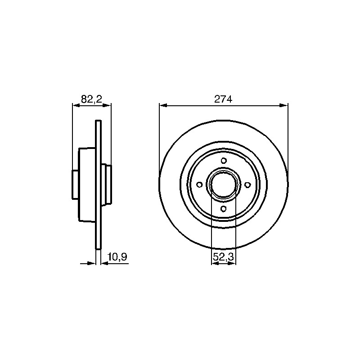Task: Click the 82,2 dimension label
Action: pyautogui.click(x=91, y=99)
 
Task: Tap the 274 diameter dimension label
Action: pyautogui.click(x=223, y=99)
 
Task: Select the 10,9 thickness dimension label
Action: pyautogui.click(x=117, y=257)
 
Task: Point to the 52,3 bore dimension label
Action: pyautogui.click(x=223, y=257)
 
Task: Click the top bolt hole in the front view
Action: pyautogui.click(x=224, y=161)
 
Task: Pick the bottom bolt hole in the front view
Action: pyautogui.click(x=223, y=209)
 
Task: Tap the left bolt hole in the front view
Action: pyautogui.click(x=199, y=184)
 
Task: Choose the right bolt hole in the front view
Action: pyautogui.click(x=248, y=184)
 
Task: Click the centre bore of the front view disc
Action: pyautogui.click(x=223, y=184)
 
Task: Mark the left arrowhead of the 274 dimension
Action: pyautogui.click(x=163, y=105)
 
